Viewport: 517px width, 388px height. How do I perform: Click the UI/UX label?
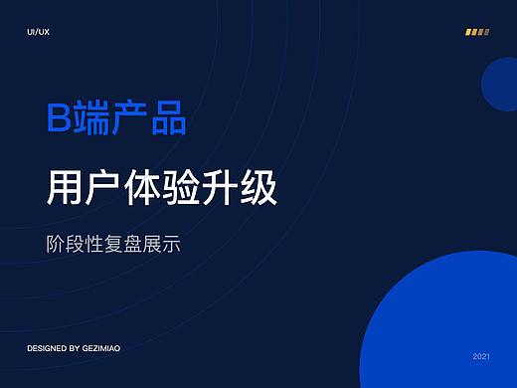click(x=39, y=33)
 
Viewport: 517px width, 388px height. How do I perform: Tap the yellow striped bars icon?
click(x=477, y=32)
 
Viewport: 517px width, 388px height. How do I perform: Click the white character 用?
click(x=66, y=188)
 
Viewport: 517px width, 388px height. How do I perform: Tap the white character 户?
click(x=107, y=188)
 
